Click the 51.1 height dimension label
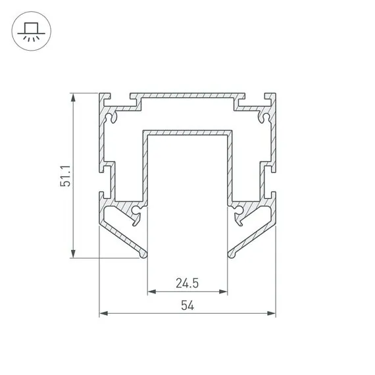point(65,176)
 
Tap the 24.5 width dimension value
point(187,283)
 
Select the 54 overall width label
point(187,305)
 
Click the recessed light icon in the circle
point(32,32)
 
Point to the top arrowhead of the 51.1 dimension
point(73,97)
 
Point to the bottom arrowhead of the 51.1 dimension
point(73,254)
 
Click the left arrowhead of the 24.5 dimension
point(151,291)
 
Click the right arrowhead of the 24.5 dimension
point(223,291)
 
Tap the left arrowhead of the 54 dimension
point(103,313)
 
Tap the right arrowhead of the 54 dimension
point(272,313)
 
